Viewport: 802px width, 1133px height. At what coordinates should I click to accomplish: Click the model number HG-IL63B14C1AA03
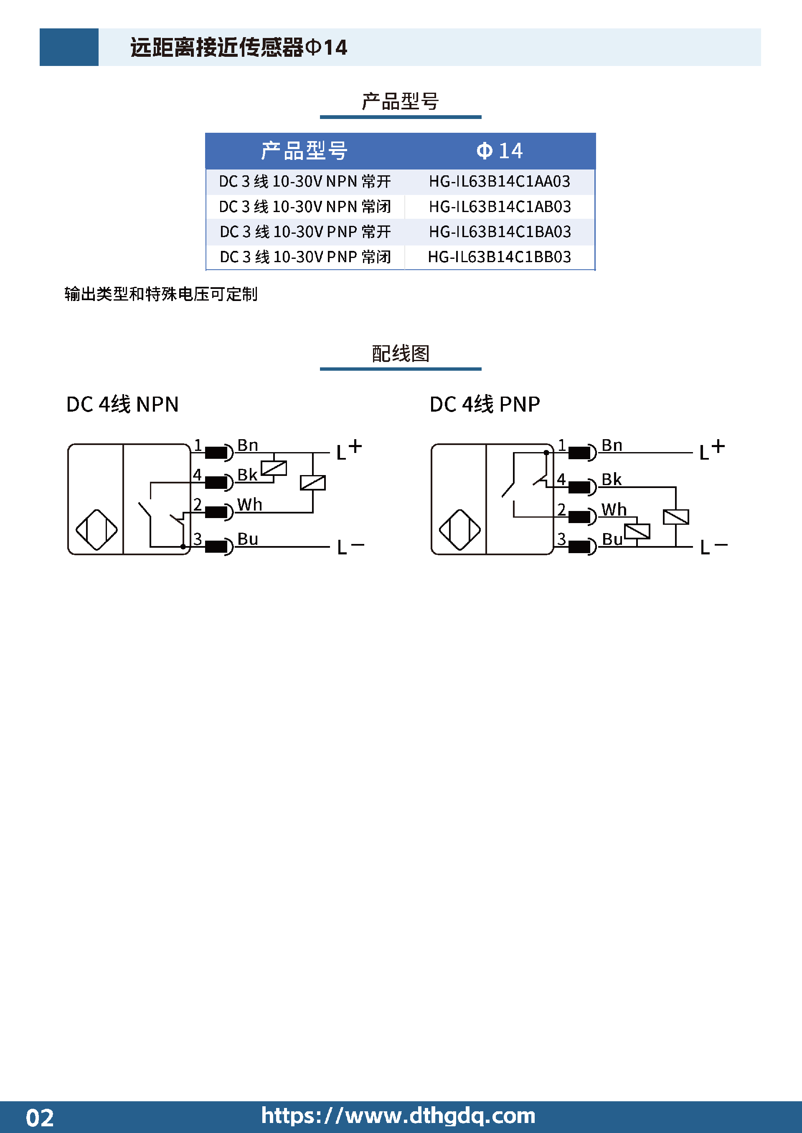click(499, 182)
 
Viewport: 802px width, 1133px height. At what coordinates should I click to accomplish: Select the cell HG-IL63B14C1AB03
click(500, 207)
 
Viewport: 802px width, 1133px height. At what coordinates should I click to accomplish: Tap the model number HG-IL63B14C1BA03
click(500, 232)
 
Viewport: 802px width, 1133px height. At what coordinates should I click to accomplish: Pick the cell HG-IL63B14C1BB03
click(499, 257)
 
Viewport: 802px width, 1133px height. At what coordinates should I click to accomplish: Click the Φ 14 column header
click(499, 151)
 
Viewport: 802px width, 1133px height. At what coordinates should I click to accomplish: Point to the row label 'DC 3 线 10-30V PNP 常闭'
click(305, 257)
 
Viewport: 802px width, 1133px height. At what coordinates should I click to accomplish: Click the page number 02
click(40, 1118)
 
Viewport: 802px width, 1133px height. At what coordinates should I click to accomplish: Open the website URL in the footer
click(398, 1116)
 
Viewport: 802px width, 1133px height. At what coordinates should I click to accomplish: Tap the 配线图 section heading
click(401, 353)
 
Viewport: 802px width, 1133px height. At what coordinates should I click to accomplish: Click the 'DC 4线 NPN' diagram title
click(122, 404)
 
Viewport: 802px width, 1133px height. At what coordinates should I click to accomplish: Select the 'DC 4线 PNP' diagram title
click(485, 404)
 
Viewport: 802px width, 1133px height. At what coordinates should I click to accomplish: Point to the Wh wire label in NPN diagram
click(249, 505)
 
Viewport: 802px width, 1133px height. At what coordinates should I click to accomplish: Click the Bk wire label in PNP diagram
click(612, 480)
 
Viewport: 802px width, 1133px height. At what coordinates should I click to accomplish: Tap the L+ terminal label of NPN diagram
click(349, 450)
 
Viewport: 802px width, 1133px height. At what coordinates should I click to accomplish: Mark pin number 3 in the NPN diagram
click(198, 539)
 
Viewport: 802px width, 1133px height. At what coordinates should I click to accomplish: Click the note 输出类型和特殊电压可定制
click(161, 294)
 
